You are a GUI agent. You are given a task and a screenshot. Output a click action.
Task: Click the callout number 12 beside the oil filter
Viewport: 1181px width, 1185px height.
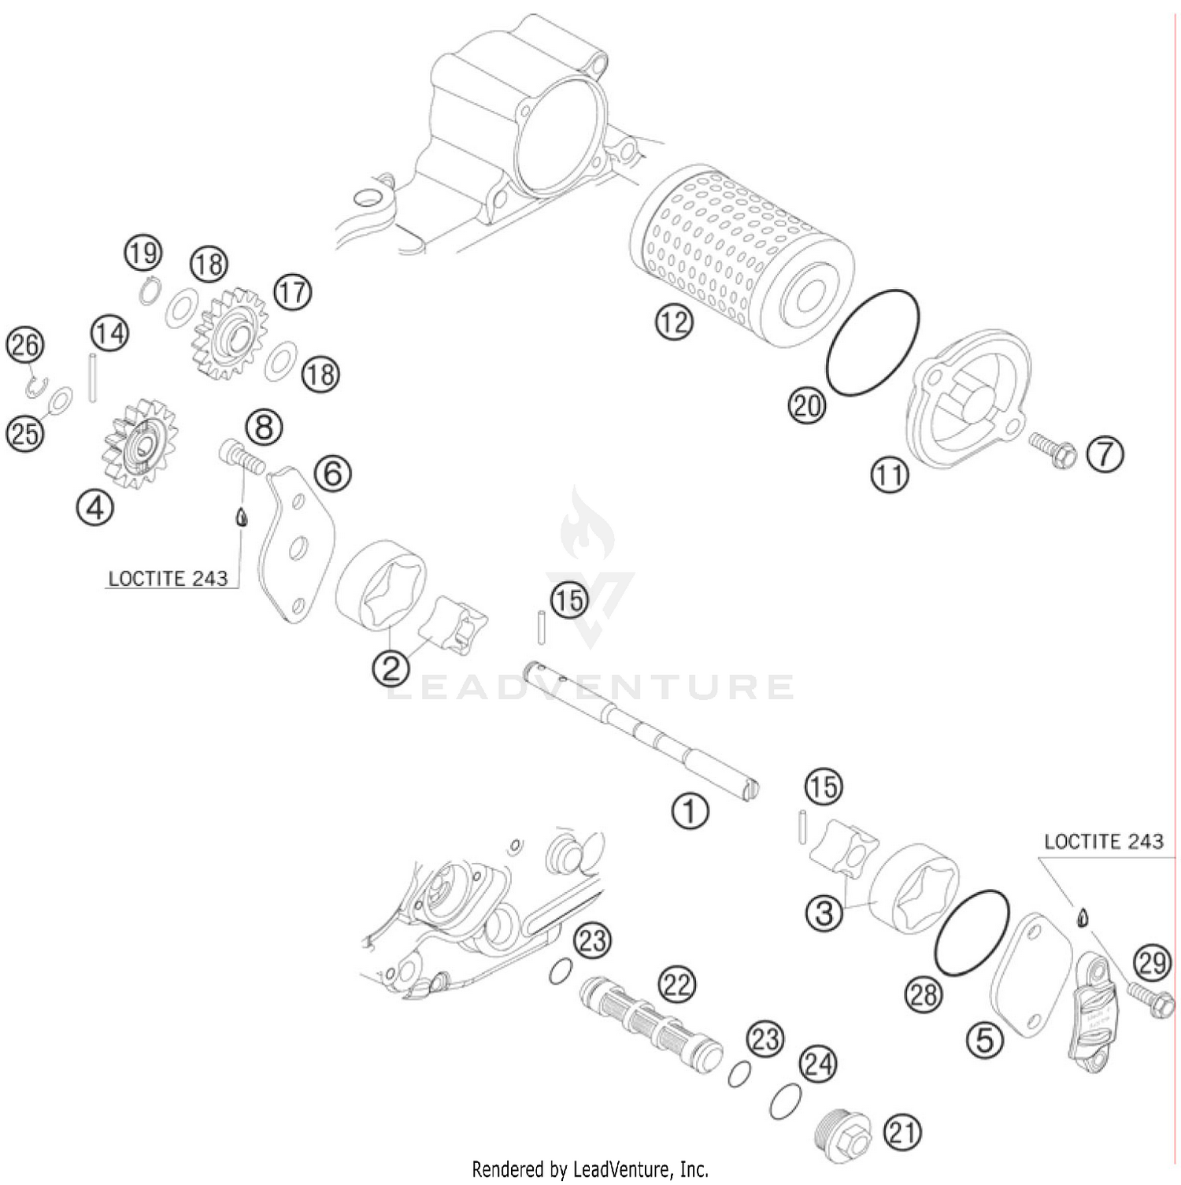click(x=674, y=323)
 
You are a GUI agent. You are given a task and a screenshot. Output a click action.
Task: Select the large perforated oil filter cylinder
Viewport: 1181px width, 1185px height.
click(x=740, y=256)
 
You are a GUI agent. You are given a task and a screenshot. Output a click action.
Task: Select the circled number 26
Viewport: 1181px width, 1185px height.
click(x=25, y=346)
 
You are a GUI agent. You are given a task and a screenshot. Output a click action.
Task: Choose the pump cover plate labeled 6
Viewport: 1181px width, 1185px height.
click(x=295, y=543)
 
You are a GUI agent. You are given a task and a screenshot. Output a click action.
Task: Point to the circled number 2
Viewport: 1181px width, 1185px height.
click(x=391, y=668)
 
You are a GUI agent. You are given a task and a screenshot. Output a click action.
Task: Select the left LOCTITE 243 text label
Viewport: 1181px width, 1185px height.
click(x=168, y=580)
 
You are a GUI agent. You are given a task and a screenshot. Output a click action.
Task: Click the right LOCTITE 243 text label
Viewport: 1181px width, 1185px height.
click(x=1103, y=842)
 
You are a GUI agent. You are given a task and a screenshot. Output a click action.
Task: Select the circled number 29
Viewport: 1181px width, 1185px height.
click(x=1153, y=963)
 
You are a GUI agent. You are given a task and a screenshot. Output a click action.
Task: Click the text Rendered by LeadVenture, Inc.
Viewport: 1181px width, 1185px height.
click(x=590, y=1169)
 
